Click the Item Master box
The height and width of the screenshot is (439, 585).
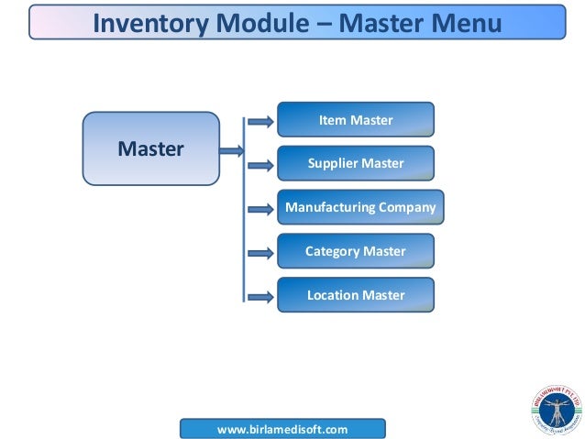pos(355,120)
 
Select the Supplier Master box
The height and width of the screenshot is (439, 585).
pos(355,163)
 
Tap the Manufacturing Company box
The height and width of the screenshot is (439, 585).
pos(360,207)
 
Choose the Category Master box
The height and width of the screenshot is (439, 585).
pos(355,251)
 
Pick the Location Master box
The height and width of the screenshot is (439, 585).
pos(355,295)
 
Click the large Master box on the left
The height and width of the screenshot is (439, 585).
pos(151,148)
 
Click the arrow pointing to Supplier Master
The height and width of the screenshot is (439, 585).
pos(260,166)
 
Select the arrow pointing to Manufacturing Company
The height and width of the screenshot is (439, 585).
pos(260,209)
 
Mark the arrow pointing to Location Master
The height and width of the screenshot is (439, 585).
pos(260,295)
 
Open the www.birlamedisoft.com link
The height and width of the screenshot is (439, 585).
pos(282,429)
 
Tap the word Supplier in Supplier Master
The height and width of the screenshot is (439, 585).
pos(333,163)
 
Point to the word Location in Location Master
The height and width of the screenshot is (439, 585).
pos(333,295)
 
